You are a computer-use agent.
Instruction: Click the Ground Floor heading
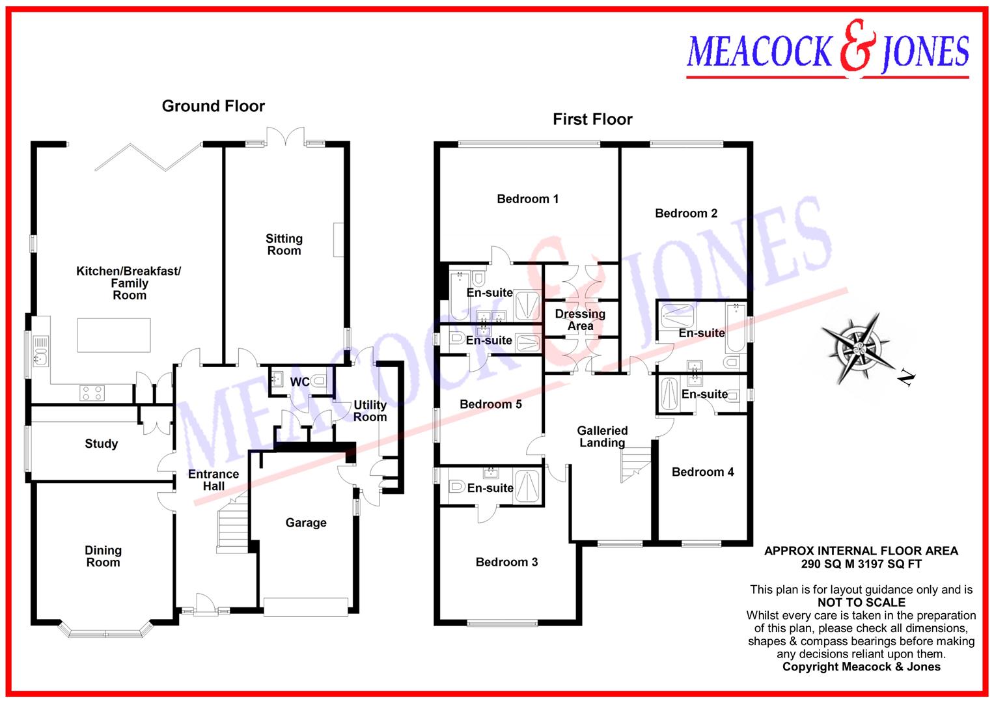coord(213,106)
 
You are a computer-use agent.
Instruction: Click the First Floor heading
coord(592,119)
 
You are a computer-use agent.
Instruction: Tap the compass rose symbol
coord(858,346)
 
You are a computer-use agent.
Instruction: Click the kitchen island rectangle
coord(114,335)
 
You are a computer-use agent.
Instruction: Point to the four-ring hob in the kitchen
coord(92,393)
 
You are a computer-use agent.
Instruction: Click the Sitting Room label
coord(284,245)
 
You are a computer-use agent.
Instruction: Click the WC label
coord(299,382)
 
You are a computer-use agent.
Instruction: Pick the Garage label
coord(305,523)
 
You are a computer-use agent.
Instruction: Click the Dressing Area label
coord(580,320)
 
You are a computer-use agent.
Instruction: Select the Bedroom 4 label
coord(702,472)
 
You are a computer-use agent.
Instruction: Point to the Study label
coord(101,444)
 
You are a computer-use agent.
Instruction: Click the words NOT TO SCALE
coord(861,603)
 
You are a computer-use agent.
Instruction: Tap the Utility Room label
coord(370,411)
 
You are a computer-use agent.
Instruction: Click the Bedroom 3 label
coord(506,562)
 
